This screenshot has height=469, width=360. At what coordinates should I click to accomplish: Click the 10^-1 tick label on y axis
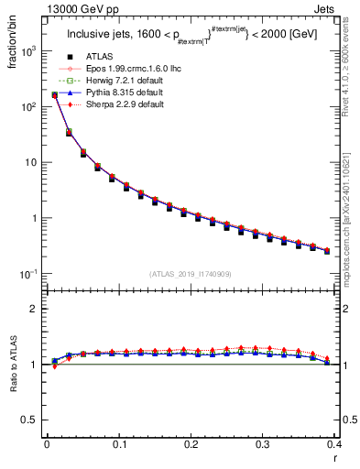[x=27, y=274]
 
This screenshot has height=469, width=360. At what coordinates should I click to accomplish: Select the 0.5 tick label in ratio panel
[x=27, y=420]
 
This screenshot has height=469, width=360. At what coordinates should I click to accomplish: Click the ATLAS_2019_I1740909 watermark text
[x=190, y=274]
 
